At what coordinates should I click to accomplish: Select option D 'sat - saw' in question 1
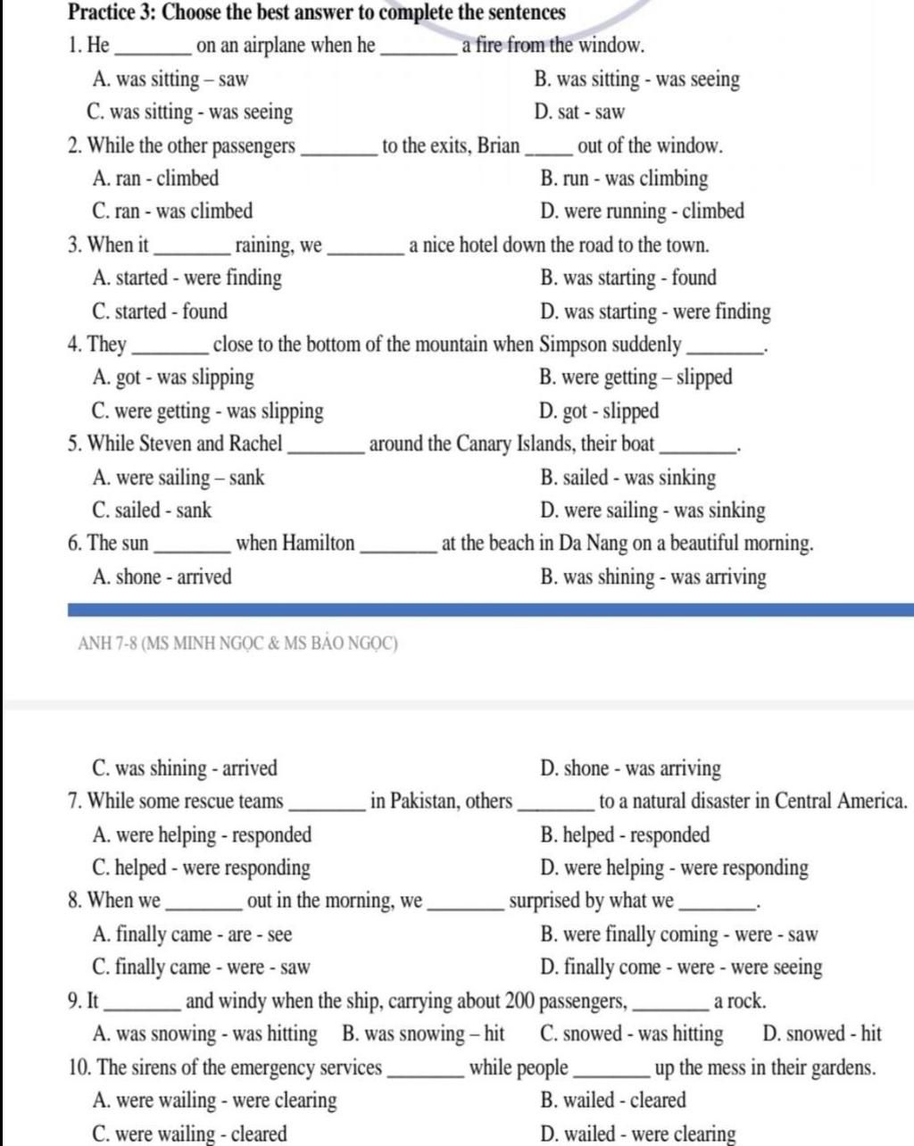click(x=579, y=112)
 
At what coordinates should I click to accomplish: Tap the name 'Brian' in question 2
click(x=498, y=145)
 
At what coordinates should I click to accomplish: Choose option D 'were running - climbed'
click(x=642, y=212)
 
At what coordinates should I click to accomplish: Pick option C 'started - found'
click(x=160, y=311)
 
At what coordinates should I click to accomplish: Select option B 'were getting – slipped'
click(x=636, y=378)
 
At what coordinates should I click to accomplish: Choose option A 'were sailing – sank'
click(x=179, y=477)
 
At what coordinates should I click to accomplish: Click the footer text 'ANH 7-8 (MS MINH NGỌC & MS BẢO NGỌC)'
click(x=237, y=644)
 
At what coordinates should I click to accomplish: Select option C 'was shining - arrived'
click(x=185, y=768)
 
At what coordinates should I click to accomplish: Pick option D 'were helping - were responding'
click(x=674, y=868)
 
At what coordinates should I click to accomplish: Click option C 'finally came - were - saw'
click(x=201, y=967)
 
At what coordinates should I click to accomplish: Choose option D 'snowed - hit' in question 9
click(x=822, y=1034)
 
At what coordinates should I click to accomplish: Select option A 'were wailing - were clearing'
click(x=214, y=1100)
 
